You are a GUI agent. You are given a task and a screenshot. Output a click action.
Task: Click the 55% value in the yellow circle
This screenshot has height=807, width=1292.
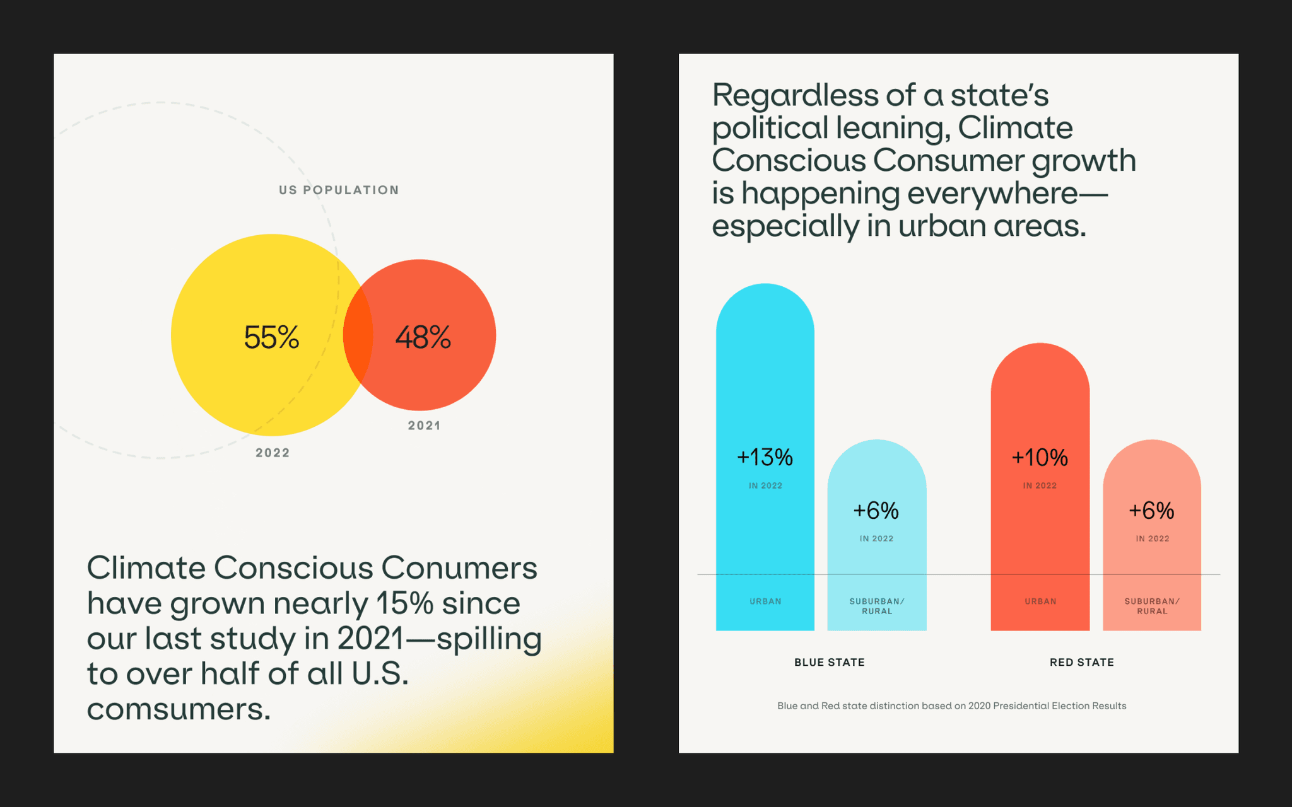click(x=271, y=337)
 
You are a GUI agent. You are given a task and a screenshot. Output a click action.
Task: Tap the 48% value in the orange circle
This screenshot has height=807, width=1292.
click(x=423, y=337)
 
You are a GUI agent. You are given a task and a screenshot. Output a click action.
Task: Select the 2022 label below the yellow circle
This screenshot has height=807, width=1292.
click(x=273, y=453)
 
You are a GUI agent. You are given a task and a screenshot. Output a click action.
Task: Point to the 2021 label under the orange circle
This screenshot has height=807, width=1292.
click(x=424, y=426)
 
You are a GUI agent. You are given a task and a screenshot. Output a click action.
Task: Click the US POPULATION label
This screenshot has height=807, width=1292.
click(x=339, y=190)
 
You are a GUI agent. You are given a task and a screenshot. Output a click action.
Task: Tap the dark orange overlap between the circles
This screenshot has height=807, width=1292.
click(x=358, y=335)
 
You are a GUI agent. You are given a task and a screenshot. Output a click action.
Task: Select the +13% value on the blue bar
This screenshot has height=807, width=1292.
click(x=765, y=457)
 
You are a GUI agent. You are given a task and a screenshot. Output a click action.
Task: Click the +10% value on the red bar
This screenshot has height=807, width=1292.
click(x=1040, y=457)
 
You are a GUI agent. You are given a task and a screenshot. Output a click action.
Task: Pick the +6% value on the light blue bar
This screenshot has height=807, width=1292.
click(x=876, y=511)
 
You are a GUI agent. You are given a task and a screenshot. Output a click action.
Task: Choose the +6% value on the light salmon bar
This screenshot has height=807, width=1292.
click(x=1151, y=511)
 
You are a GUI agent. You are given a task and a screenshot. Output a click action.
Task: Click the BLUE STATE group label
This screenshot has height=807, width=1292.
click(x=829, y=662)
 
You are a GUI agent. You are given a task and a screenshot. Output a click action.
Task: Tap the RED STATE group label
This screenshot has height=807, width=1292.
click(x=1081, y=662)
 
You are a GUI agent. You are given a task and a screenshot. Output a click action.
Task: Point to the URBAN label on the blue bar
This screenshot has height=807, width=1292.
click(x=765, y=601)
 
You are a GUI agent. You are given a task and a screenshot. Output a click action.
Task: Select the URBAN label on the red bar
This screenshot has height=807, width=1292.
click(x=1040, y=601)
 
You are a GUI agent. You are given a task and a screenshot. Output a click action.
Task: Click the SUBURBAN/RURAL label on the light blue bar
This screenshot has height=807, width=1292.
click(x=877, y=606)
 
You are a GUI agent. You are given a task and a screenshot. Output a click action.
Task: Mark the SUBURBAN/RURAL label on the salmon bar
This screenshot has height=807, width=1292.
click(x=1152, y=606)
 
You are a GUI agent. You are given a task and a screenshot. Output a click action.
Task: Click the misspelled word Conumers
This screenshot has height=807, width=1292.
click(x=459, y=568)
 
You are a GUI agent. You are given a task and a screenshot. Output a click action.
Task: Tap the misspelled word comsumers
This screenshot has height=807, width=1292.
click(x=179, y=709)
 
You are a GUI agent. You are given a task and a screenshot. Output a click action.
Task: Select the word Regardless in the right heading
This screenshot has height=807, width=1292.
click(x=795, y=96)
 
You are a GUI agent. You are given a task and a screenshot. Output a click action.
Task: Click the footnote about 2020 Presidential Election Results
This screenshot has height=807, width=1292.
click(x=951, y=705)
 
